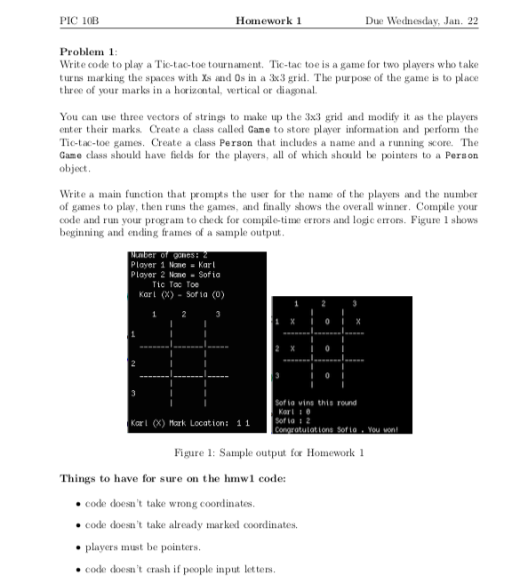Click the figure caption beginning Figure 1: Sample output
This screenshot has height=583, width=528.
263,454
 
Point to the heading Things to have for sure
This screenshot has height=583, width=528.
172,478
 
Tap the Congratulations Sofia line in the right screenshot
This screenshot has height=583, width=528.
332,430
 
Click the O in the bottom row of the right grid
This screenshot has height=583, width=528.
328,377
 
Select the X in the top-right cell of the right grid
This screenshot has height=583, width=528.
357,322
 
